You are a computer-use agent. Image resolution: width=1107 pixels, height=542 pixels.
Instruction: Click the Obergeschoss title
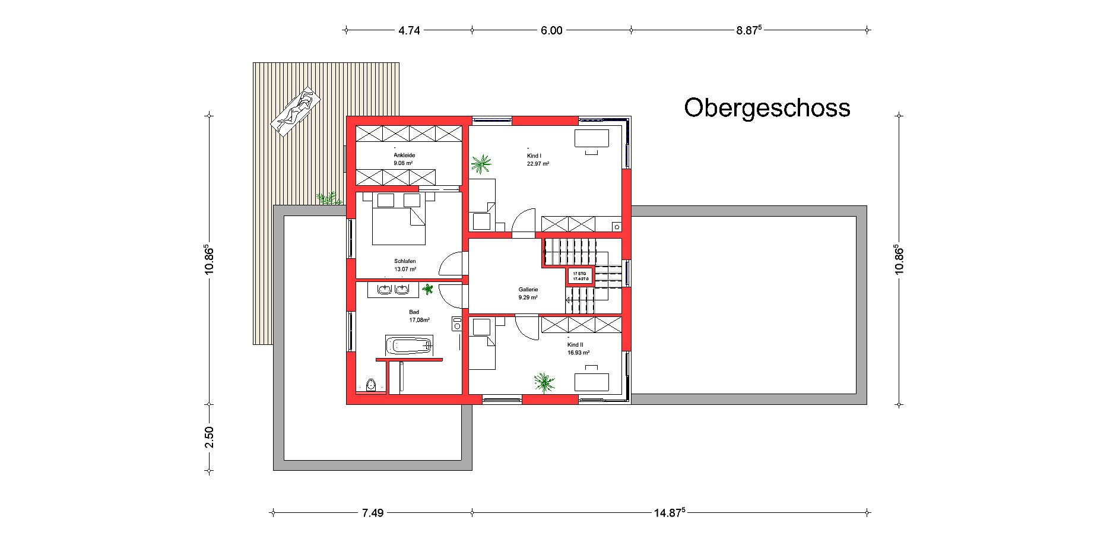[767, 108]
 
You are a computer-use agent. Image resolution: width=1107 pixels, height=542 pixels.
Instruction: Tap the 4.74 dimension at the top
[409, 30]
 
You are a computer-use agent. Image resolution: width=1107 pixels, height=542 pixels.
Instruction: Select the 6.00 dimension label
[551, 30]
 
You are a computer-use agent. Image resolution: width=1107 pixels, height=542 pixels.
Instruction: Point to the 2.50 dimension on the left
[209, 438]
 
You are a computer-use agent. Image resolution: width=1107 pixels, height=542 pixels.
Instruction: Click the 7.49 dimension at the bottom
[372, 513]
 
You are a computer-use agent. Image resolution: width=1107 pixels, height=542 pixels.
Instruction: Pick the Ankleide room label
[404, 155]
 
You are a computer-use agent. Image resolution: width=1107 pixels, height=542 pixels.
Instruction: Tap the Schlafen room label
[405, 261]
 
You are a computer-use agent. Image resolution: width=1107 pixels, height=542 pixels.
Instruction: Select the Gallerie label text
[528, 290]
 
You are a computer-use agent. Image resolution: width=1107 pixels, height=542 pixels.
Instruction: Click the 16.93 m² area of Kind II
[578, 353]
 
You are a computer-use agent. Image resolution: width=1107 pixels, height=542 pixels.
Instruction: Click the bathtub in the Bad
[409, 345]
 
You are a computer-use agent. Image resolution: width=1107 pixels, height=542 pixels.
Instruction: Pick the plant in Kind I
[481, 162]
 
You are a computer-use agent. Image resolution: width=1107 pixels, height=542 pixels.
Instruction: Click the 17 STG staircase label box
[580, 275]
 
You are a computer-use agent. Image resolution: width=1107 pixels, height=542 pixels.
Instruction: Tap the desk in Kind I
[591, 138]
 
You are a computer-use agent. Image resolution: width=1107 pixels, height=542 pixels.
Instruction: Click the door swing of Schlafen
[451, 264]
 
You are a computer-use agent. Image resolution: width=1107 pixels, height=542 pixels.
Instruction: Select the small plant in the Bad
[428, 290]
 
